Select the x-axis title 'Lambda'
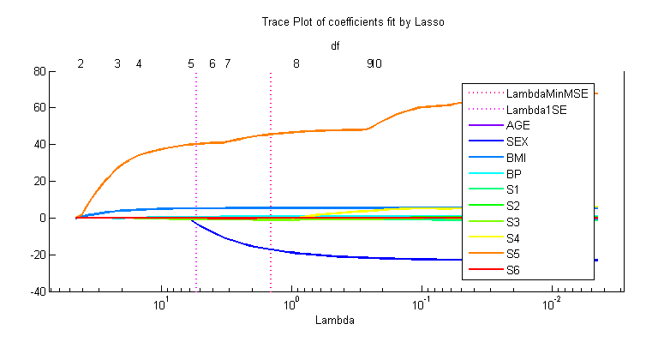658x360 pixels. tap(336, 321)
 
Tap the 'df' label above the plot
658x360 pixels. tap(335, 46)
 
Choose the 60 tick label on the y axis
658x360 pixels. tap(38, 108)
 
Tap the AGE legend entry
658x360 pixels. tap(518, 125)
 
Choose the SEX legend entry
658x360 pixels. tap(517, 141)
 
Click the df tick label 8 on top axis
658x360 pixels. tap(296, 63)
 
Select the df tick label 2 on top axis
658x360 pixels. tap(81, 63)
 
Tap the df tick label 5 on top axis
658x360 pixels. tap(191, 63)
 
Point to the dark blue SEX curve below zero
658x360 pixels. tap(343, 255)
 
